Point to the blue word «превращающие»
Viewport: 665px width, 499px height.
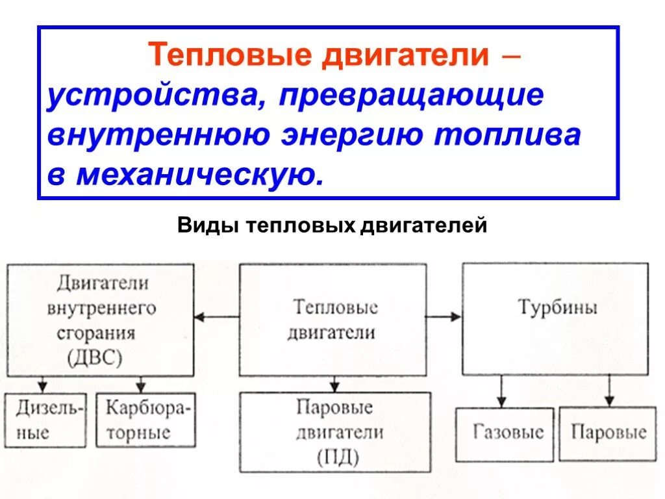pos(411,96)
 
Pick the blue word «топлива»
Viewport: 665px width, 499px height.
pos(507,136)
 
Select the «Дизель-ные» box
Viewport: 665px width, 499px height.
pos(45,420)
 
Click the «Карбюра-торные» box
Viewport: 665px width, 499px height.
pos(145,420)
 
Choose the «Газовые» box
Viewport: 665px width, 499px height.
pos(505,433)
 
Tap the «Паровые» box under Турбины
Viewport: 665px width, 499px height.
pos(609,433)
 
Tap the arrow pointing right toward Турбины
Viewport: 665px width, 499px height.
pos(445,316)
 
